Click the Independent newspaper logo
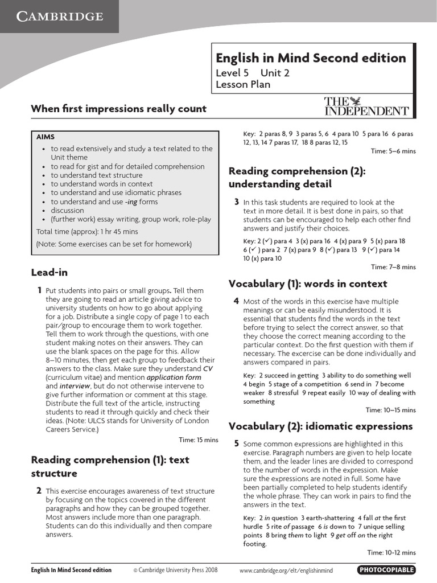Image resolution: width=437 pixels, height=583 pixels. [x=366, y=106]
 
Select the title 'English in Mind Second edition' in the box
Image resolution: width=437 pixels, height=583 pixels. [x=311, y=58]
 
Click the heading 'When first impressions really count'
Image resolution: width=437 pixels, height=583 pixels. [x=118, y=108]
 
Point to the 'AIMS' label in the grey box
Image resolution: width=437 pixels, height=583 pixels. [x=46, y=137]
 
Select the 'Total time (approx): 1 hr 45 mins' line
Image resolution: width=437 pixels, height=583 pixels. [x=87, y=232]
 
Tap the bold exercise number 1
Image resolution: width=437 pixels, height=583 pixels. [x=39, y=290]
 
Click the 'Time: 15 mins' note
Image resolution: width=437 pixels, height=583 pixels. [x=198, y=440]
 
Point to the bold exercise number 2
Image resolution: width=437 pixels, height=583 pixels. [x=39, y=491]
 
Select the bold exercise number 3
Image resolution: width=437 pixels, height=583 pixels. [x=237, y=202]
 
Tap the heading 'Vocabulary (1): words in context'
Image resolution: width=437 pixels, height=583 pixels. [x=307, y=284]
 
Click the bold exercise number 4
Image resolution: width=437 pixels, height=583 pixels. [x=237, y=301]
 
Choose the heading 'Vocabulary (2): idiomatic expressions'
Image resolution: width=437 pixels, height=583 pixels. [x=320, y=426]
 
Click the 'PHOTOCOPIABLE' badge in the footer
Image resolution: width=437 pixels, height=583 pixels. [x=386, y=570]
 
